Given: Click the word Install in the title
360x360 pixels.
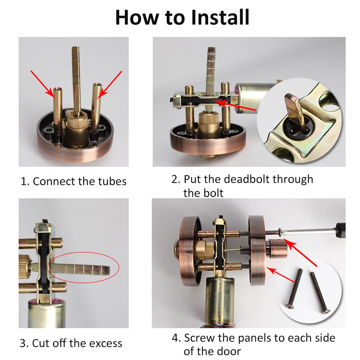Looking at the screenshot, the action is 220,17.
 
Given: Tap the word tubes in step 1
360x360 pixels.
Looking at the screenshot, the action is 112,181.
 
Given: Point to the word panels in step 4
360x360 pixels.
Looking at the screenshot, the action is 255,338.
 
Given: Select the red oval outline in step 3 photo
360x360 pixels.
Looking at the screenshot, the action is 84,267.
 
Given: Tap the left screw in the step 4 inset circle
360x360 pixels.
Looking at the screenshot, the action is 294,288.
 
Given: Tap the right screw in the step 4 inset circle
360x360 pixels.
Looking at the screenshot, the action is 320,293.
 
